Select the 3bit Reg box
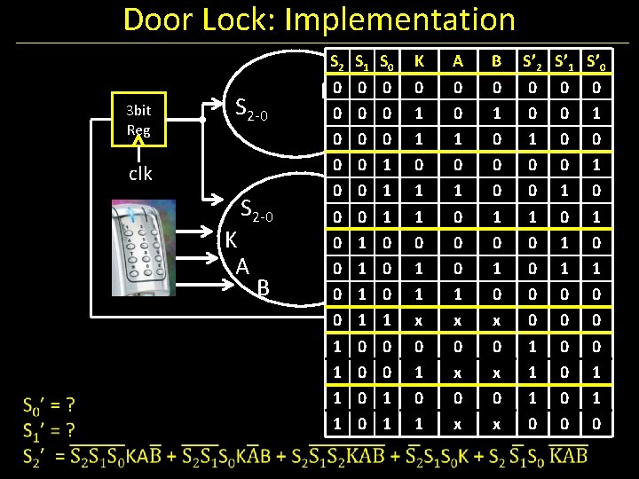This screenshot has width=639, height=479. [x=138, y=120]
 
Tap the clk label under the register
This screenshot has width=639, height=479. [x=139, y=173]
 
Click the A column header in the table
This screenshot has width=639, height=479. [x=458, y=61]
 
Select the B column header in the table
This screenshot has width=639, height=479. [x=497, y=61]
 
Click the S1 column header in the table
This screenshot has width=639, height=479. [x=362, y=61]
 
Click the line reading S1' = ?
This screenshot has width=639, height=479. [x=50, y=431]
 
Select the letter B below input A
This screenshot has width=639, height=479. [x=262, y=287]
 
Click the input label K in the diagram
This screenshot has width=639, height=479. [x=231, y=239]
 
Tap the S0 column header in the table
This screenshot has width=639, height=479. [x=387, y=61]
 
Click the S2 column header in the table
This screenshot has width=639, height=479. [x=337, y=61]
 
